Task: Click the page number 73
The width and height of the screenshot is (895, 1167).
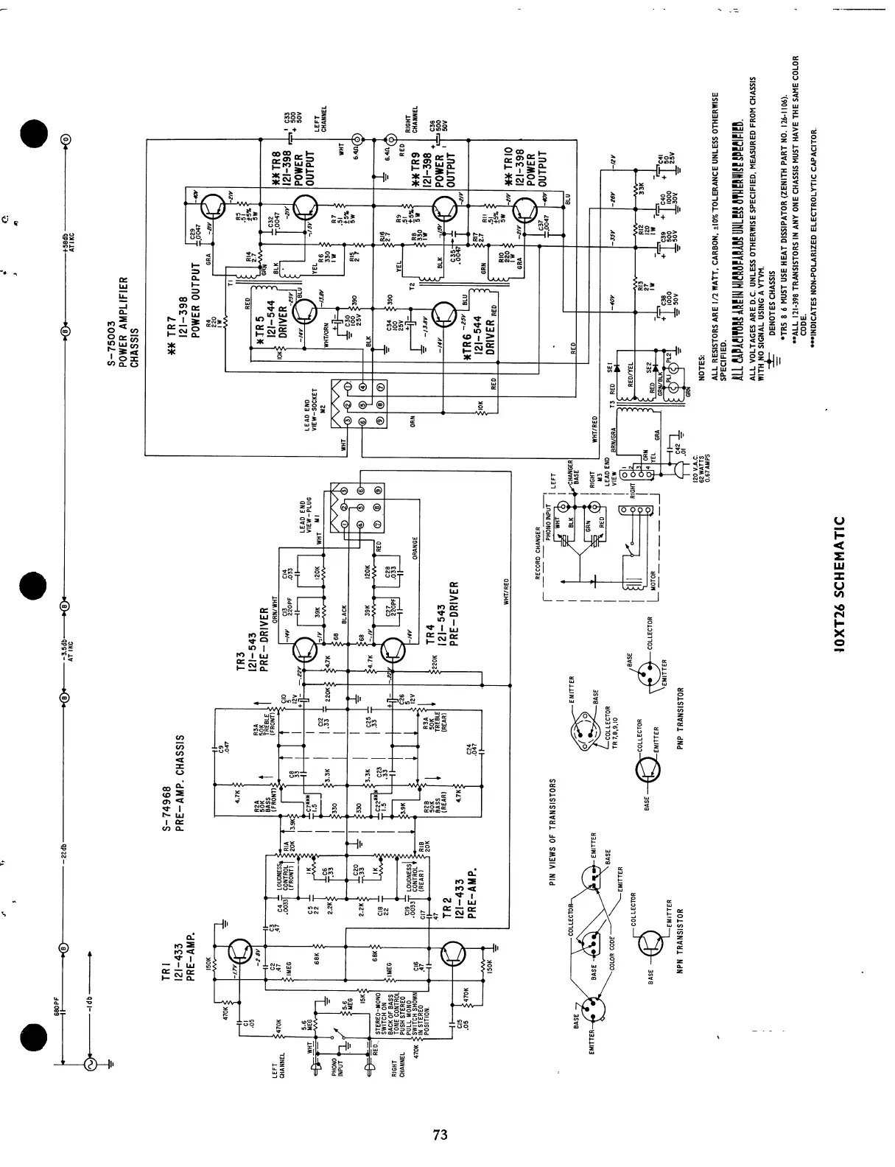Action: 441,1135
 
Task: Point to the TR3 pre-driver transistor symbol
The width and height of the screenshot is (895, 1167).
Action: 303,650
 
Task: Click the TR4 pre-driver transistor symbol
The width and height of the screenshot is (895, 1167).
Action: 394,650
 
